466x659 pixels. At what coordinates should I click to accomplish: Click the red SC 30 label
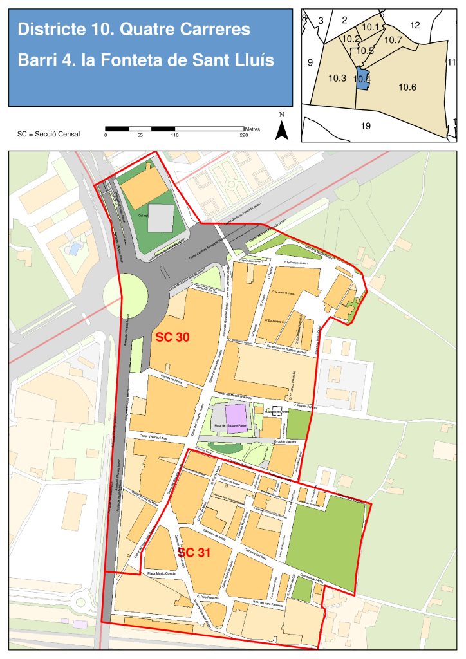pyautogui.click(x=172, y=337)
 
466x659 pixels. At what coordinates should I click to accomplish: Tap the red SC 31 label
pyautogui.click(x=194, y=552)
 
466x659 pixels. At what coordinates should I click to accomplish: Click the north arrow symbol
pyautogui.click(x=281, y=129)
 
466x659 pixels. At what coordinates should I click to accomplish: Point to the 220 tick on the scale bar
pyautogui.click(x=243, y=135)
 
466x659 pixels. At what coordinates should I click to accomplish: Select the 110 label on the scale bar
pyautogui.click(x=174, y=135)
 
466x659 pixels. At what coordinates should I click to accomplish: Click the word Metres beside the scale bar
pyautogui.click(x=252, y=129)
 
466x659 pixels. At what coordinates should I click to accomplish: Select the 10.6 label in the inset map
pyautogui.click(x=407, y=87)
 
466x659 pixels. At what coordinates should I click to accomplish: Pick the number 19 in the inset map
pyautogui.click(x=366, y=126)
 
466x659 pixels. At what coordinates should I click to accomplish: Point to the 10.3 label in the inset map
pyautogui.click(x=337, y=78)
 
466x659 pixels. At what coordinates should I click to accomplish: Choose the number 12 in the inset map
pyautogui.click(x=415, y=25)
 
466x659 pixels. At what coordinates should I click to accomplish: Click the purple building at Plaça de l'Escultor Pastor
pyautogui.click(x=235, y=413)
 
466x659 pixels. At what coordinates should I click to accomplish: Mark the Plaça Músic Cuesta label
pyautogui.click(x=162, y=573)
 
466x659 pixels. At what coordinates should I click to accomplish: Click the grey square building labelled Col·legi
pyautogui.click(x=160, y=218)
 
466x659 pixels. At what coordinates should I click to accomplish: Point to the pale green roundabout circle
pyautogui.click(x=126, y=295)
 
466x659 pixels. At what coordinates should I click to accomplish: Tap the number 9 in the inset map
pyautogui.click(x=310, y=62)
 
